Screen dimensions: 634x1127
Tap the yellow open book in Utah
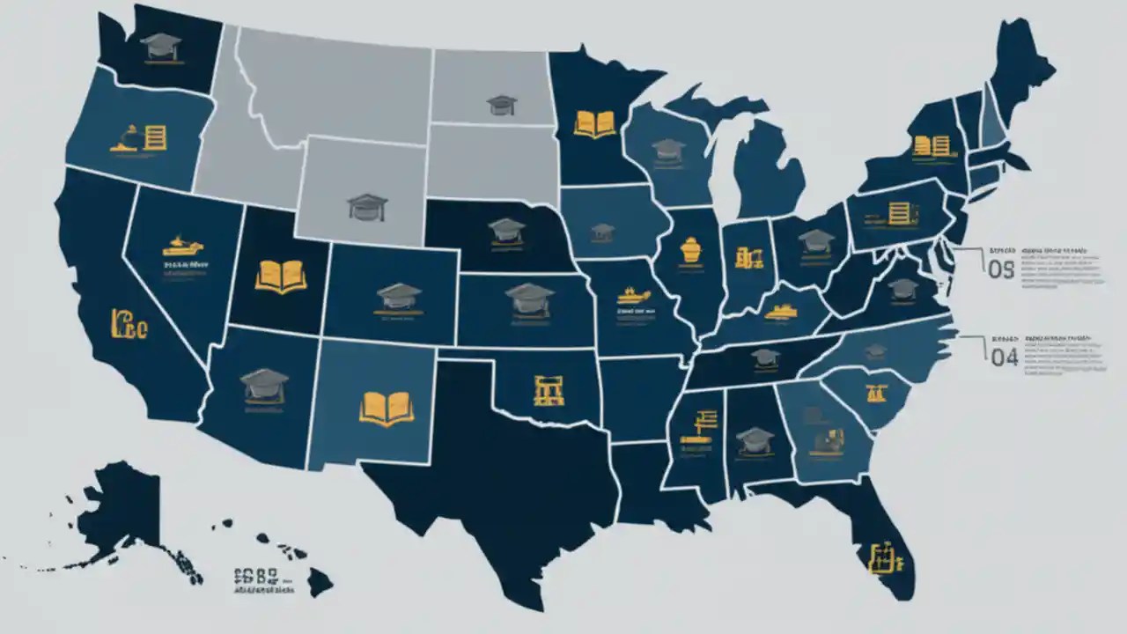click(281, 275)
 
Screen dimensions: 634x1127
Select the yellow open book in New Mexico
click(387, 408)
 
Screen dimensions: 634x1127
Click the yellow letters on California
click(129, 323)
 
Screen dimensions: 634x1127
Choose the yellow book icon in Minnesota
click(594, 123)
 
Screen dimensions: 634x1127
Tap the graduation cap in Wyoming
click(367, 206)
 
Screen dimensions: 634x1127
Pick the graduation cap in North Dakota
click(502, 105)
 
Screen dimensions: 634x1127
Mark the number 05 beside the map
click(1002, 270)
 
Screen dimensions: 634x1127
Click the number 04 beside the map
click(1004, 358)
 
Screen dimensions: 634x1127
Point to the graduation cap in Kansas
click(529, 299)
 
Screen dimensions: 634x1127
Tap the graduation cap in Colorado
click(399, 295)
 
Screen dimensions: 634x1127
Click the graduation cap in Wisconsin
click(669, 148)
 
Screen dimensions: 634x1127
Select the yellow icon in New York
click(932, 144)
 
